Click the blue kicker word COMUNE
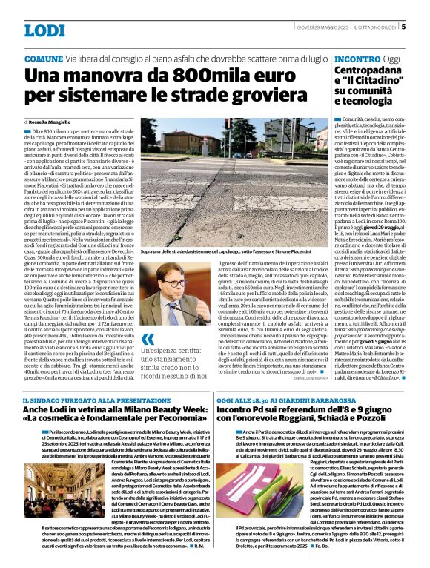44,58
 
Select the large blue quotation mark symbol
148,342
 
